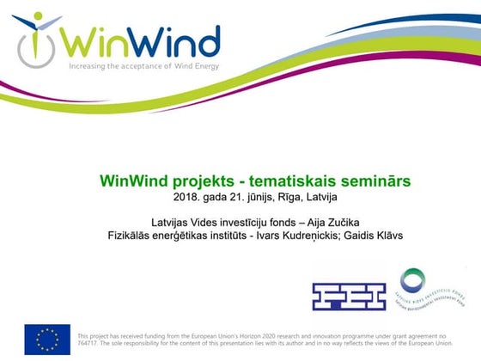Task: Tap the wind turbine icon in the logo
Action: (35, 38)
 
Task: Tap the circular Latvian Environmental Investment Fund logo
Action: (412, 290)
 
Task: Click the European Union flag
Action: (47, 340)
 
